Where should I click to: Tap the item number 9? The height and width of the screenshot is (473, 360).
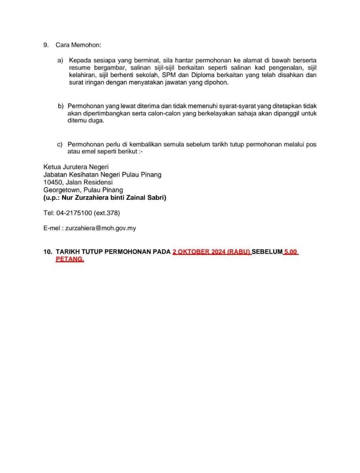(x=46, y=45)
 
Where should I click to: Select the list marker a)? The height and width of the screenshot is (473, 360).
(x=60, y=60)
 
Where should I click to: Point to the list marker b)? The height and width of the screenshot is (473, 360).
(x=60, y=106)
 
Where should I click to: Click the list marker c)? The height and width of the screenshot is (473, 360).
(x=60, y=144)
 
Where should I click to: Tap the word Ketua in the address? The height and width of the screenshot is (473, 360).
(x=52, y=166)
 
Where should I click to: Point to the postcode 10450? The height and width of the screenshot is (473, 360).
(x=52, y=182)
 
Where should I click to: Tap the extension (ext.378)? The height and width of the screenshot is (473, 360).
(x=107, y=213)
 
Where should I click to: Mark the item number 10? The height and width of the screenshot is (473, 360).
(x=47, y=252)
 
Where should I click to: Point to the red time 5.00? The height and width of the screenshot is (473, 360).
(x=291, y=252)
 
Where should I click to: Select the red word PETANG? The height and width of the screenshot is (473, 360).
(x=70, y=259)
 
